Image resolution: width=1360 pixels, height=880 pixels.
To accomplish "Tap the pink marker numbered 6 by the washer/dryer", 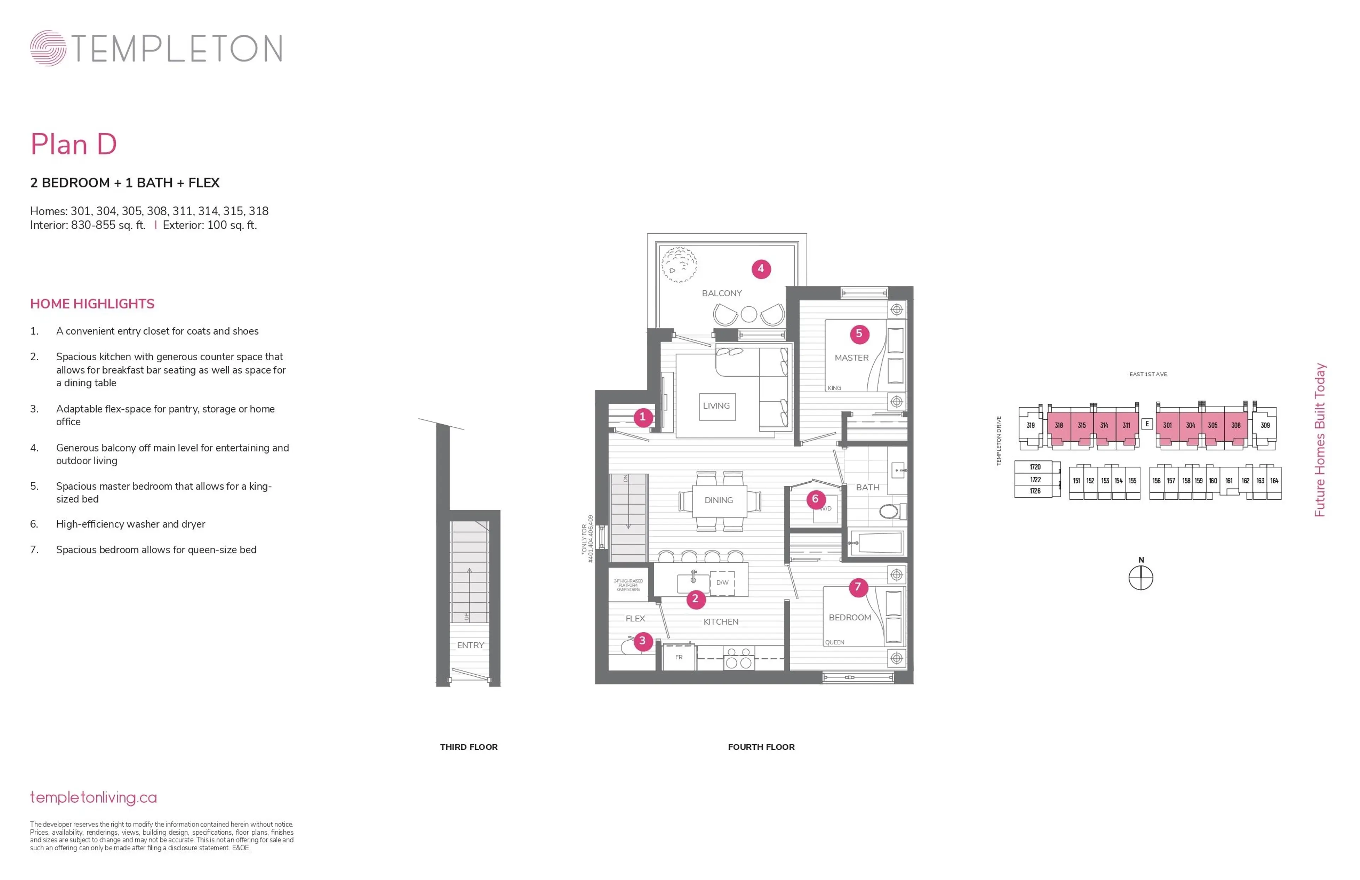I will pos(815,499).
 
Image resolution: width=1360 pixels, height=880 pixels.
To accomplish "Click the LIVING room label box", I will pos(716,406).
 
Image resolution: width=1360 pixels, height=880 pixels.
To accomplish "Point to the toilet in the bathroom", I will pos(889,511).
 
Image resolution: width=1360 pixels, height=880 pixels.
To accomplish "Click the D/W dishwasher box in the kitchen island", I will pos(722,583).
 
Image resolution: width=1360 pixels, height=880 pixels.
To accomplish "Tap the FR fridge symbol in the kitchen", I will pos(679,657).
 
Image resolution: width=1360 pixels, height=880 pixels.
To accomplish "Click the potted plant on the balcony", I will pos(679,265).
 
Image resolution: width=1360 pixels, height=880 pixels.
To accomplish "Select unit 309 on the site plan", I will pos(1265,426).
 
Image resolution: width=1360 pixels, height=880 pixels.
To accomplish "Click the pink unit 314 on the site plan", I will pos(1104,426).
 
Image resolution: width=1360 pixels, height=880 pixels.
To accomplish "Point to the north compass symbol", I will pos(1140,578).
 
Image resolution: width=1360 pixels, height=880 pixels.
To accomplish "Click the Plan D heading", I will pos(74,144).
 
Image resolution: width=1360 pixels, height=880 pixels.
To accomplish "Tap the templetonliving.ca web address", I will pos(93,798).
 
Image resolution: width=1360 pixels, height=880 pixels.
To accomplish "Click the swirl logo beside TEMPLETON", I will pos(48,48).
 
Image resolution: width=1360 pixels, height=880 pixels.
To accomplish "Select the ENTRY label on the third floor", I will pos(470,646).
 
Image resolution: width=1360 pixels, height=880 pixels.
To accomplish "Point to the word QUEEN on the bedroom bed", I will pos(834,642).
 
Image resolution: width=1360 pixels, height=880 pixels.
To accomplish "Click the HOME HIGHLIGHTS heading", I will pos(92,304).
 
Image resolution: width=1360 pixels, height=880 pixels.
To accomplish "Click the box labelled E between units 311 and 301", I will pos(1147,424).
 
